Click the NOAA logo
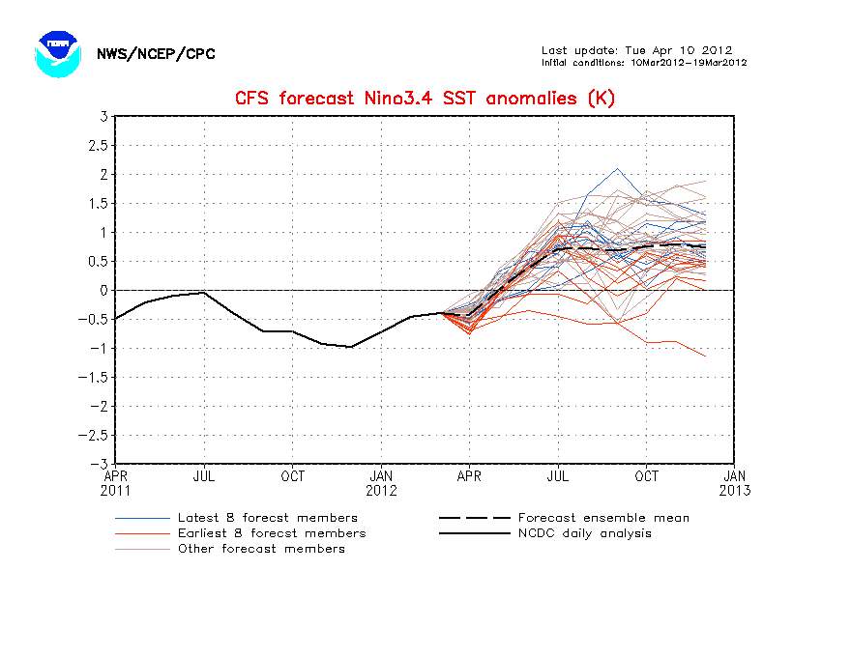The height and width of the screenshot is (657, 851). pos(55,54)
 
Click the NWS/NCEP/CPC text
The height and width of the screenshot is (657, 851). pos(156,54)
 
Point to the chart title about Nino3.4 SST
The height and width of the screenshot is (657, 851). pos(425,98)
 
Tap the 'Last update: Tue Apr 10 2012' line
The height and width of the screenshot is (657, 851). pos(636,50)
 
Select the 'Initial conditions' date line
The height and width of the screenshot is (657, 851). pos(643,63)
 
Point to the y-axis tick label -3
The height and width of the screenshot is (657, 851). pos(99,464)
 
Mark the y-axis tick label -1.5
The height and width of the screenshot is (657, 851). pos(95,378)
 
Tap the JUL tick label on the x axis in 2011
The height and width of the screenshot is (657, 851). pos(204,476)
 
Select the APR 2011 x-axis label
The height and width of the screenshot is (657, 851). pos(116,483)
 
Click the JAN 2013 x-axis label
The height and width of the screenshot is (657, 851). pos(735,483)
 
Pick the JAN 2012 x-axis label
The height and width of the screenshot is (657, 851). pos(381,483)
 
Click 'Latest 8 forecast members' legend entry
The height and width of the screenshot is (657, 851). pos(267,518)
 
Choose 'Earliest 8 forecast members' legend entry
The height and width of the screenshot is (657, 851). pos(271,533)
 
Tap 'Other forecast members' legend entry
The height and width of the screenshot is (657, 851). pos(260,549)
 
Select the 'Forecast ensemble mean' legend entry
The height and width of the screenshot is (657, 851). pos(603,518)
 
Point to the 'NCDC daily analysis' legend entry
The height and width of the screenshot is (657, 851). pos(584,533)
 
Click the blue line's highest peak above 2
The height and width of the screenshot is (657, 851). pos(618,168)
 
